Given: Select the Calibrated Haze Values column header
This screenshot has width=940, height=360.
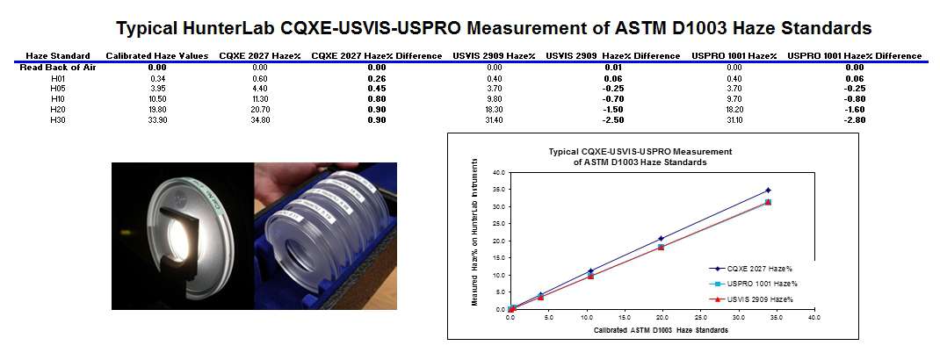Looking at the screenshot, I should coord(157,56).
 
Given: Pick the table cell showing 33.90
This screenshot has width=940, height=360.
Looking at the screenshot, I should coord(157,119).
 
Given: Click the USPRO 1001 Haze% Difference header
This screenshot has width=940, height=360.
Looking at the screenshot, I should coord(854,56).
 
